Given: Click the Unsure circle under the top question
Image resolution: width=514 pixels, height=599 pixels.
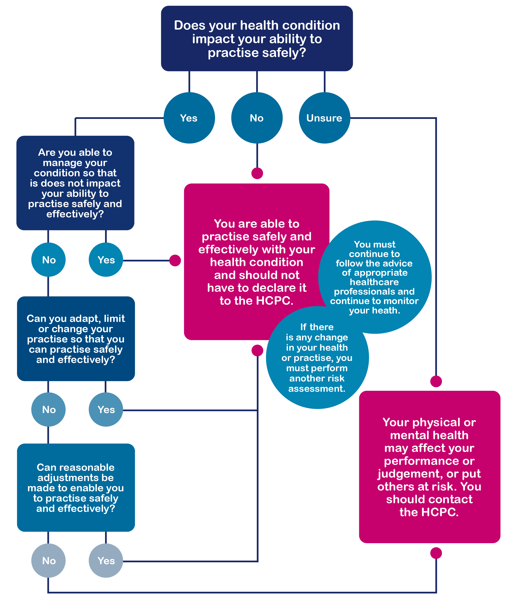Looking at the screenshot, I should tap(324, 118).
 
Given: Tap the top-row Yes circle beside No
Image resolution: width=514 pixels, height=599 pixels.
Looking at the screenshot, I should tap(189, 118).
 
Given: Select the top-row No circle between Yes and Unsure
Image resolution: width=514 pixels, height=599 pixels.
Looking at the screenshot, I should tap(257, 118).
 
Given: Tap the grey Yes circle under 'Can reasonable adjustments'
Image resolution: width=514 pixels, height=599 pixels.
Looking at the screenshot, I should tap(106, 561).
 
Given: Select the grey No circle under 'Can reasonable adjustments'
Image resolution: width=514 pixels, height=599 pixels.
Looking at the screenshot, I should tap(48, 561).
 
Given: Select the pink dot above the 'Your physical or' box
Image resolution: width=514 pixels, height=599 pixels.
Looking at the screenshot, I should tap(436, 381).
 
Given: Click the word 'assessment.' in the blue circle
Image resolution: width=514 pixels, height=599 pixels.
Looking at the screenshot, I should tap(317, 389).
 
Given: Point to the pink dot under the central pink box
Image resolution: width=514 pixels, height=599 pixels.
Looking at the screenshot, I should tap(257, 350).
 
